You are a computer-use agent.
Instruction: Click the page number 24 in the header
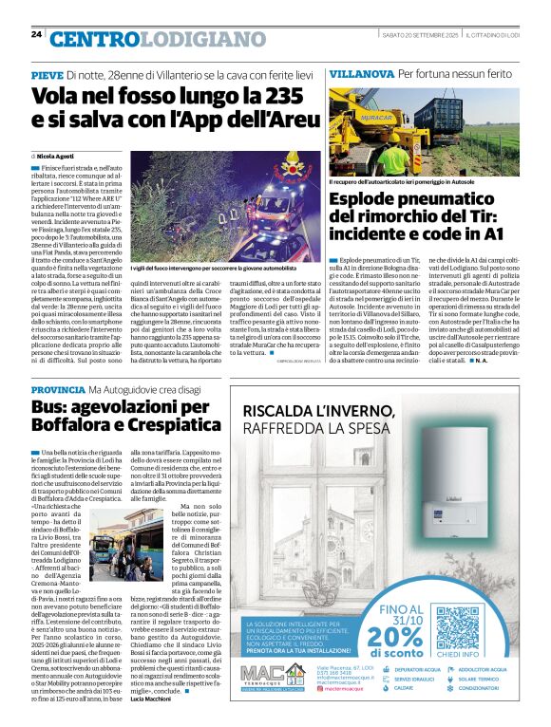[36, 34]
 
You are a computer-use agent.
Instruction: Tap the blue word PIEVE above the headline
[47, 74]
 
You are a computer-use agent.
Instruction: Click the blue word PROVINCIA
[63, 390]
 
